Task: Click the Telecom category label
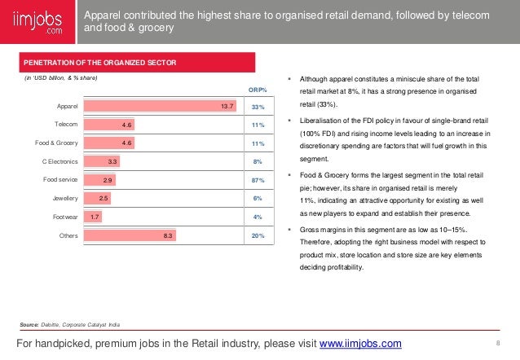click(x=66, y=125)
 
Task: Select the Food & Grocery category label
click(x=56, y=143)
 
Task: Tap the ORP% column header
click(x=257, y=89)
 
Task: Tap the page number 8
click(x=497, y=344)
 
